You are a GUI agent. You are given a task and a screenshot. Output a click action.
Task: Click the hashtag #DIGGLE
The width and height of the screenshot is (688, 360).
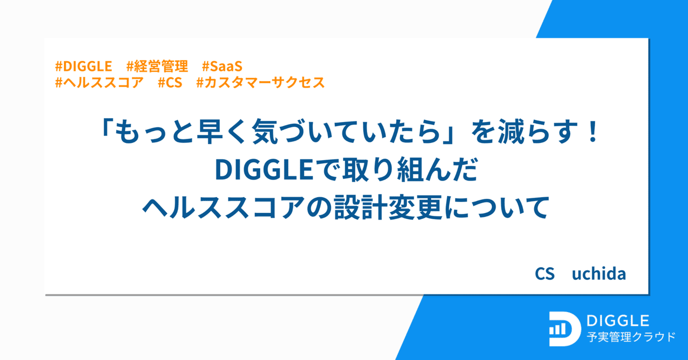(83, 67)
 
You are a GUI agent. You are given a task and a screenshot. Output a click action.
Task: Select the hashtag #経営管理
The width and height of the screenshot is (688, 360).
(157, 67)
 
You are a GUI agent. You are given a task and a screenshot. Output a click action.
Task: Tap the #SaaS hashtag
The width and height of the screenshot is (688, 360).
(223, 67)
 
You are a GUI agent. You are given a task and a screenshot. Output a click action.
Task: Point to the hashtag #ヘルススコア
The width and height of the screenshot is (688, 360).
(99, 83)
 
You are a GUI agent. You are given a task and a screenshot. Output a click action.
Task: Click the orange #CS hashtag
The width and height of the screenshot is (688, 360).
(170, 83)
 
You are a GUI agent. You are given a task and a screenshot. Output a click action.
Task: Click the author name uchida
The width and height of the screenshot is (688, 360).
(599, 274)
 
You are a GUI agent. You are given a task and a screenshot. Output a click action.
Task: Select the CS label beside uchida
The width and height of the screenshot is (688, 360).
(544, 274)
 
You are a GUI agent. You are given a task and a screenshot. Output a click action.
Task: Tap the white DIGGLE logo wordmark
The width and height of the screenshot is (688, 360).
(618, 321)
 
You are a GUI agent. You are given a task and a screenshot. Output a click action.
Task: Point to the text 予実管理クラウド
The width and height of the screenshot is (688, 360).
(630, 337)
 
